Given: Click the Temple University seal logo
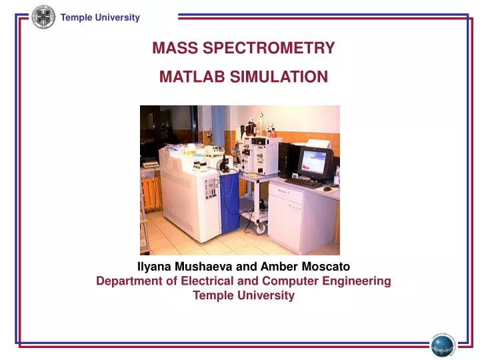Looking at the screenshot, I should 44,17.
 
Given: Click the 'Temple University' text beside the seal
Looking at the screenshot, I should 100,17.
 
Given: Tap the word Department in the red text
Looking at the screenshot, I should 129,281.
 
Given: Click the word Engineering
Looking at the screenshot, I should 358,281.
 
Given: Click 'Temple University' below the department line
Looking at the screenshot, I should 243,296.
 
